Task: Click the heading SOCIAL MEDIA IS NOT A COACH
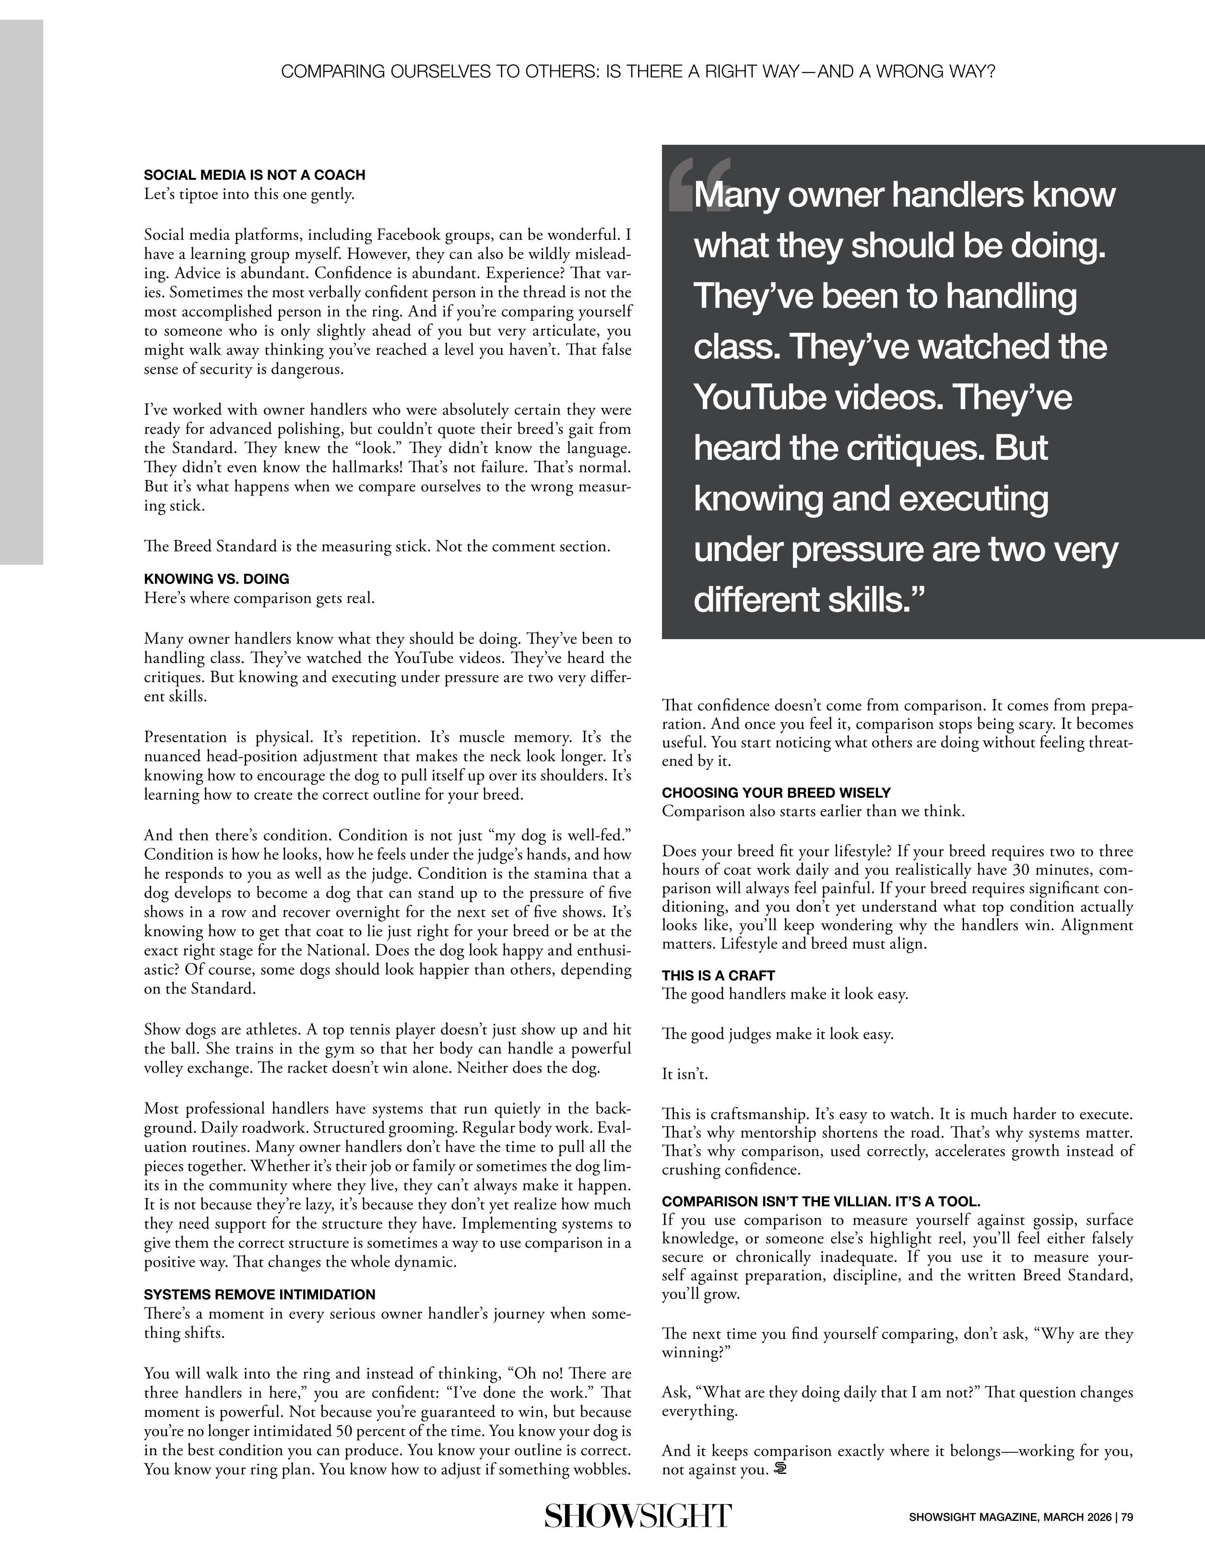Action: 254,175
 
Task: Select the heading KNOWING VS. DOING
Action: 216,579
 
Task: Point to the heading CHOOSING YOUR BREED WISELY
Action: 776,792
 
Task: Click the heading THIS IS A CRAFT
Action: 718,975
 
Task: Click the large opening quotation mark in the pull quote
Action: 698,185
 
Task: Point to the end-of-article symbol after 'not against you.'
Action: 780,1470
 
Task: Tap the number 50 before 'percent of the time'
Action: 343,1432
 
